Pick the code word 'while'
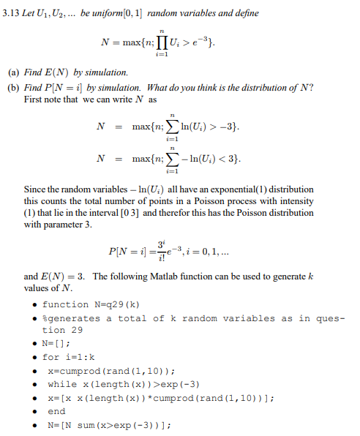(x=61, y=384)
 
